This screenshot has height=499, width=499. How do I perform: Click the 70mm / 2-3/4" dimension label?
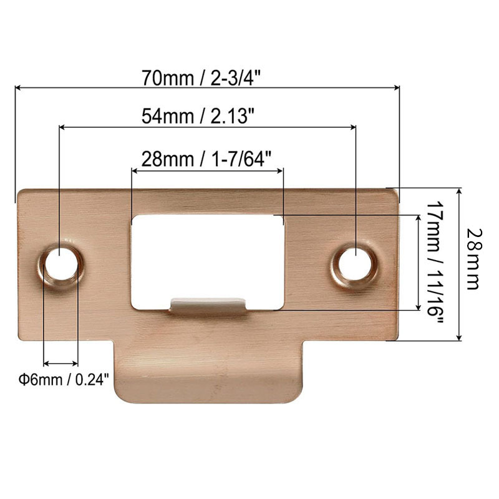tap(206, 79)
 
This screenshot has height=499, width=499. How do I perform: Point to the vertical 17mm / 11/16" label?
tap(435, 263)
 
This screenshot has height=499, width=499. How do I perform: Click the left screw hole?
tap(61, 264)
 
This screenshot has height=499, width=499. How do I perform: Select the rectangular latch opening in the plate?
tap(208, 256)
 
